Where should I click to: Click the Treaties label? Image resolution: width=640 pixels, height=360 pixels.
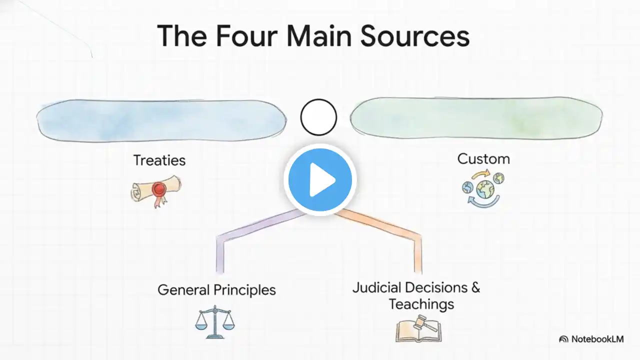tap(159, 160)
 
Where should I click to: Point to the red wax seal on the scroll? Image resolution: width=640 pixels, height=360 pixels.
tap(159, 189)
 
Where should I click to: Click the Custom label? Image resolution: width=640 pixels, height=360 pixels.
tap(483, 159)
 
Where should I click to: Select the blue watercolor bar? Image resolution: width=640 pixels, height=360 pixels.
tap(161, 119)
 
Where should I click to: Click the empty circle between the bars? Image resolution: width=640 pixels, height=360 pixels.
tap(318, 117)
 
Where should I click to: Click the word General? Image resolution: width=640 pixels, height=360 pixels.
tap(183, 289)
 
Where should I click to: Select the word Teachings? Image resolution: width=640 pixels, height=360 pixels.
tap(421, 304)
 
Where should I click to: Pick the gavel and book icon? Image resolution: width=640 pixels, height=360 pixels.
tap(419, 329)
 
